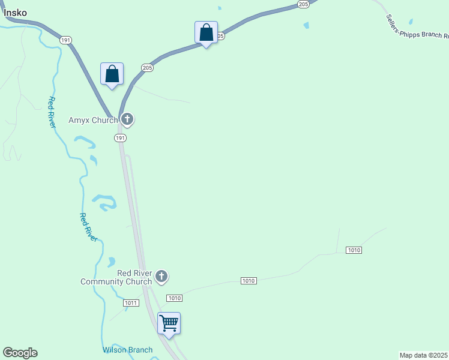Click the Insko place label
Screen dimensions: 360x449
[x=15, y=12]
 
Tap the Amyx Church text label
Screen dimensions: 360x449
[x=93, y=120]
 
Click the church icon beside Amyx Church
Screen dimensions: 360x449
[x=127, y=119]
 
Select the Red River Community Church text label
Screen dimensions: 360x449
[x=116, y=277]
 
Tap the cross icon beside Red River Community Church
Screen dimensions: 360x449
[x=161, y=277]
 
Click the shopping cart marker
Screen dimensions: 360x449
[x=169, y=323]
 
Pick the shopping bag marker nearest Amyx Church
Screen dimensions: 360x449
[x=112, y=74]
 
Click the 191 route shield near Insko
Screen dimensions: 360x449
[x=65, y=40]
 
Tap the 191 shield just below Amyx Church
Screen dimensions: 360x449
[x=120, y=138]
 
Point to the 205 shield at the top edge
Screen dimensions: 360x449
[x=303, y=4]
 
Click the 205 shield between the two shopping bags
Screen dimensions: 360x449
[x=148, y=68]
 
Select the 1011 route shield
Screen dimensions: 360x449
[x=131, y=303]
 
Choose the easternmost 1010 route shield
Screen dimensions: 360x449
[x=354, y=250]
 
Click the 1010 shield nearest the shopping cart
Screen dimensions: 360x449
[x=174, y=298]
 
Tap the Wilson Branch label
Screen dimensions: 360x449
[x=127, y=350]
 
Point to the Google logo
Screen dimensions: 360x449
[x=20, y=353]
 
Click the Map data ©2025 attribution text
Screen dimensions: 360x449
[x=423, y=355]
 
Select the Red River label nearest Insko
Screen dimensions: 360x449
[x=52, y=112]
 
